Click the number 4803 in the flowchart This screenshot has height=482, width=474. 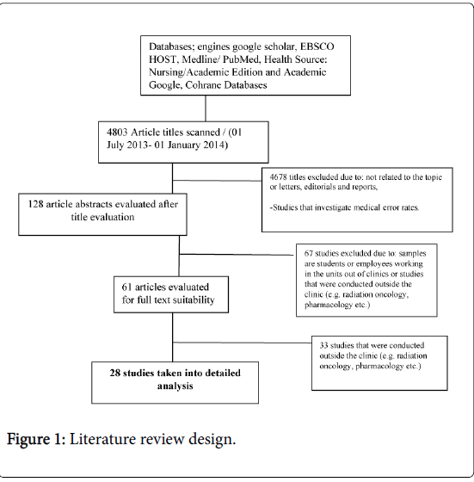point(117,133)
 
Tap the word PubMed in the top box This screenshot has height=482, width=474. point(242,59)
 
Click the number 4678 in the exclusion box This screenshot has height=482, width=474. point(279,177)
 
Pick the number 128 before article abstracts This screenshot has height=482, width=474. point(35,205)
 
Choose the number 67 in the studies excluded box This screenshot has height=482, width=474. point(309,254)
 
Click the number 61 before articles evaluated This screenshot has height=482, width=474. point(126,287)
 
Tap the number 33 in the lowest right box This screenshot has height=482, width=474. point(323,345)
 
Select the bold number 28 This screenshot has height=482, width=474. point(115,374)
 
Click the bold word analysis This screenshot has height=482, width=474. point(175,386)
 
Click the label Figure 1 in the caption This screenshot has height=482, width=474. point(34,439)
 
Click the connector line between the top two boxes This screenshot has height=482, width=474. point(206,108)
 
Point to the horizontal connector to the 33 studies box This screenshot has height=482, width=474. point(242,343)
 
